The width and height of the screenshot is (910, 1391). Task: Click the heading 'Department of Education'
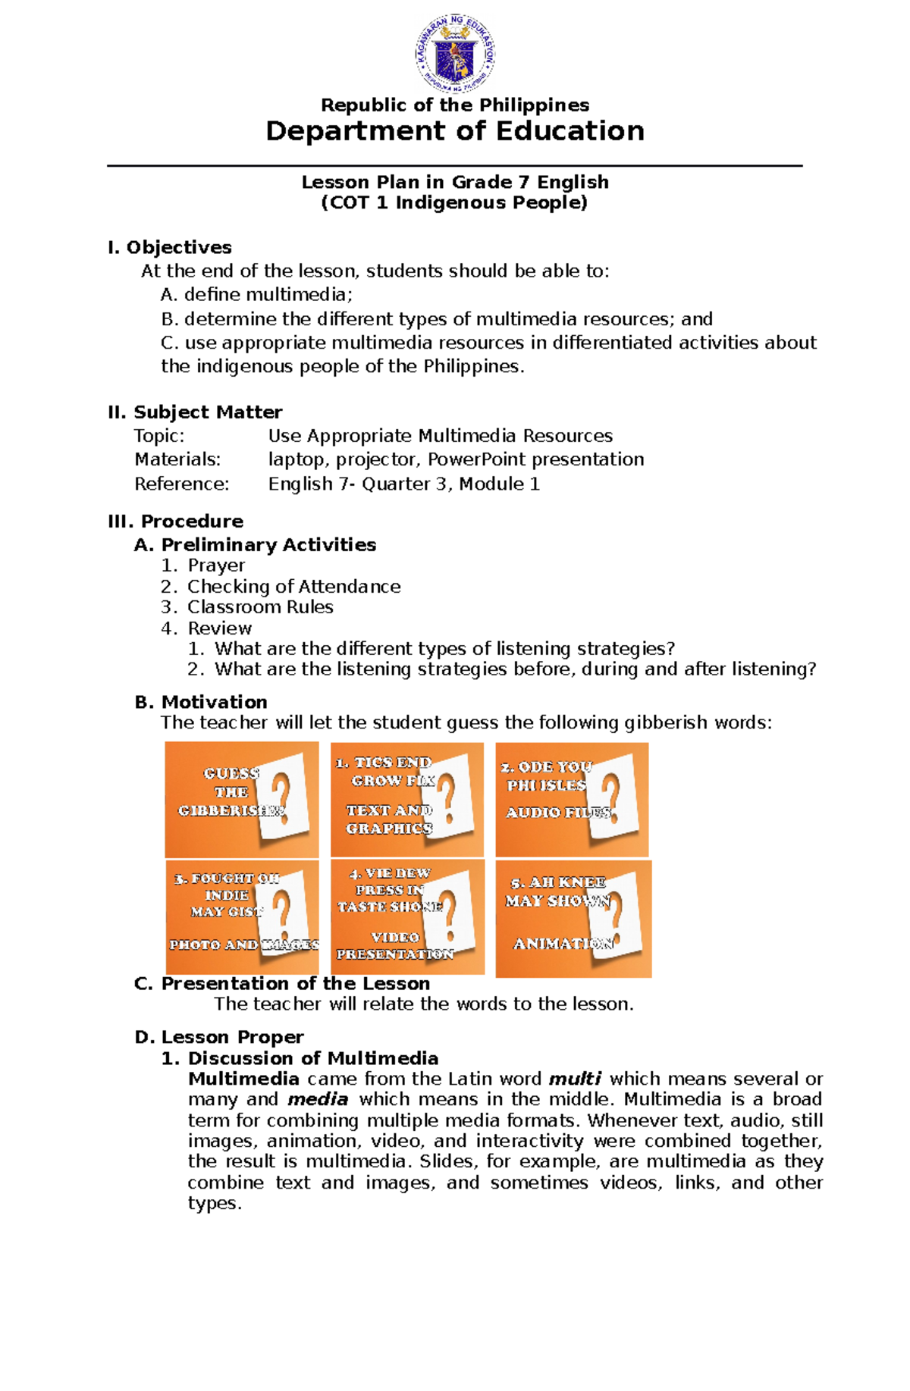pyautogui.click(x=455, y=131)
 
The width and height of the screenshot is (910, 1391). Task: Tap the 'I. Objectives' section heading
pyautogui.click(x=170, y=248)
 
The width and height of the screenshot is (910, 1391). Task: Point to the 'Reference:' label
pyautogui.click(x=181, y=484)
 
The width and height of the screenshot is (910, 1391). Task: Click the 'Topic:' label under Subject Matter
pyautogui.click(x=159, y=436)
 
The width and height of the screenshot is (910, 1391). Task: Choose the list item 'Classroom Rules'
pyautogui.click(x=260, y=607)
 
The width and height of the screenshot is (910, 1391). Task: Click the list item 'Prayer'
pyautogui.click(x=216, y=565)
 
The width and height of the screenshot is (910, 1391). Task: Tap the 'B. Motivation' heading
pyautogui.click(x=201, y=702)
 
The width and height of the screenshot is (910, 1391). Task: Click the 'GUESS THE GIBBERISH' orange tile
pyautogui.click(x=241, y=799)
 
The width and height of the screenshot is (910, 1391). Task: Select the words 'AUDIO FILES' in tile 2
pyautogui.click(x=558, y=813)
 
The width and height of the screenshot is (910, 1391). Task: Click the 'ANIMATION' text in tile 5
pyautogui.click(x=563, y=944)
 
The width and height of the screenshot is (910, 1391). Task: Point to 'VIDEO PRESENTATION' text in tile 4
pyautogui.click(x=395, y=946)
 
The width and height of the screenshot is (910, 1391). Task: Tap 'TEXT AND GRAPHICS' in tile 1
pyautogui.click(x=389, y=819)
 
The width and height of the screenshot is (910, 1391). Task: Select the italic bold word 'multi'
pyautogui.click(x=575, y=1079)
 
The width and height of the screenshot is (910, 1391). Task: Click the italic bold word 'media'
pyautogui.click(x=318, y=1099)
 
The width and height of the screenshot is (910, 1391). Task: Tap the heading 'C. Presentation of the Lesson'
pyautogui.click(x=282, y=984)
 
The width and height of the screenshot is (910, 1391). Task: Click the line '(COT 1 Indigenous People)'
pyautogui.click(x=454, y=203)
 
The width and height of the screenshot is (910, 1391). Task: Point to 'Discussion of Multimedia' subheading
pyautogui.click(x=312, y=1058)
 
